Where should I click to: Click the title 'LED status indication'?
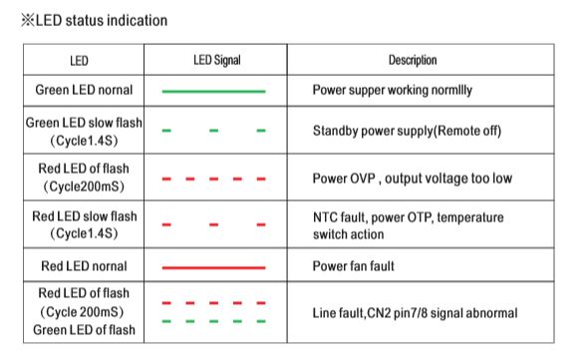pos(101,20)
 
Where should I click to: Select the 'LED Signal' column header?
pos(217,60)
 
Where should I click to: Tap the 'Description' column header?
pos(413,60)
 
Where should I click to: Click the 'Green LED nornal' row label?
pos(84,90)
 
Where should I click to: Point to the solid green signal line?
pos(214,91)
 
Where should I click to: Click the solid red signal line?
pos(214,267)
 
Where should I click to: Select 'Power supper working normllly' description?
pos(393,90)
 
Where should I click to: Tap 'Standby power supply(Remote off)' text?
pos(407,131)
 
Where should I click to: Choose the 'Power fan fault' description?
pos(354,266)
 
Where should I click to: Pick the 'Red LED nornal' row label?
pos(84,266)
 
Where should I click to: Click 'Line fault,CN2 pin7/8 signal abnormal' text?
pos(415,313)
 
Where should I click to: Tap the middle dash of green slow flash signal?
pos(214,131)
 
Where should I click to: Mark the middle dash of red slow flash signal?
pos(214,224)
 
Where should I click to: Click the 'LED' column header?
pos(79,61)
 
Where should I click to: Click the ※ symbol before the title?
pos(28,20)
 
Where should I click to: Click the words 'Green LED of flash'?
pos(84,330)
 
